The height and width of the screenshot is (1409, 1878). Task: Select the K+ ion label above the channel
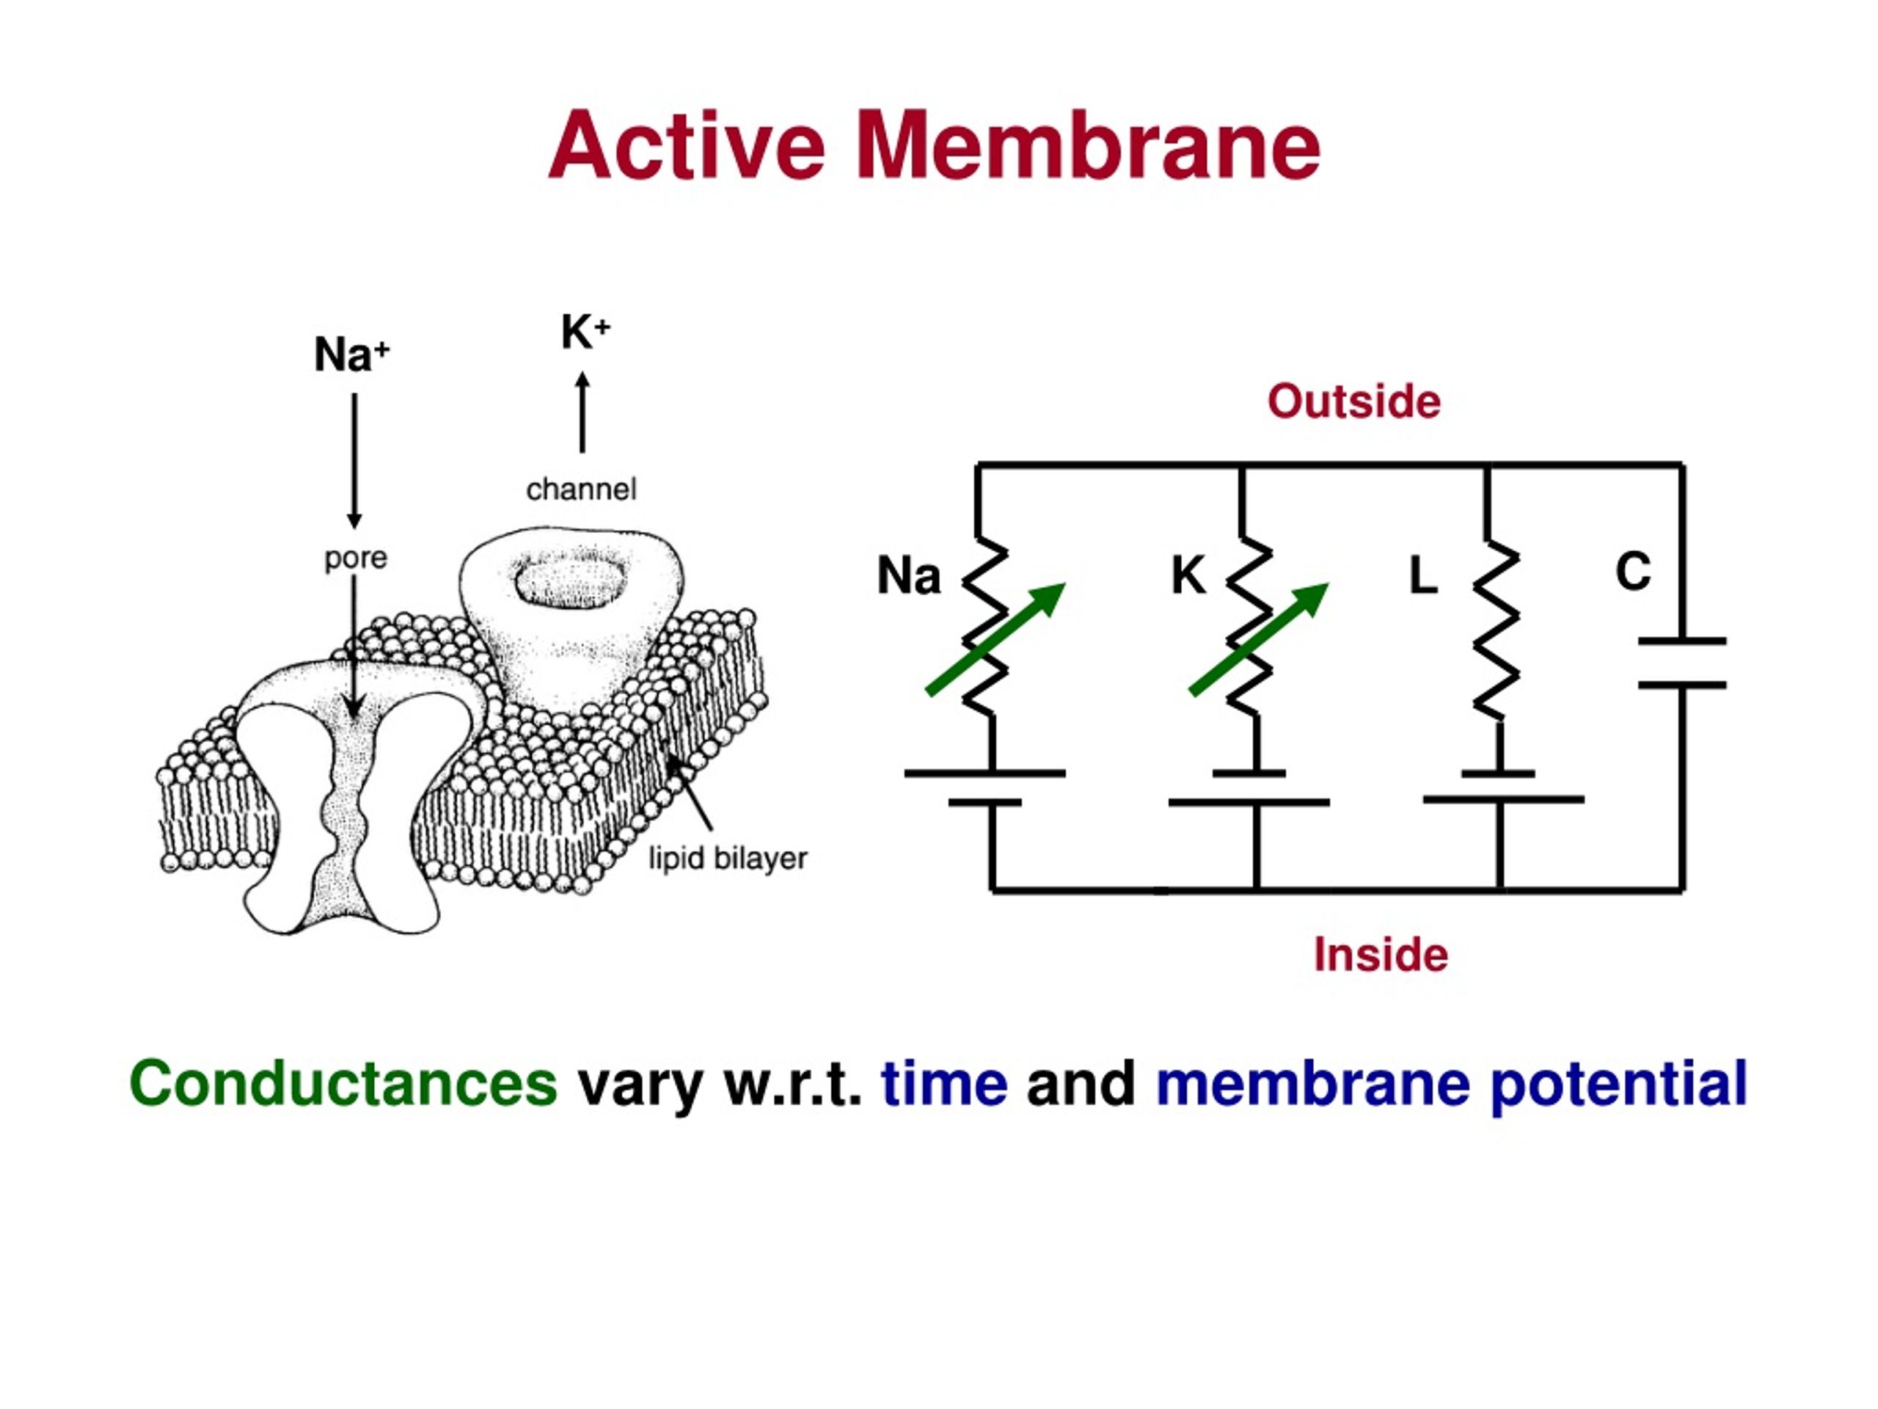click(x=585, y=331)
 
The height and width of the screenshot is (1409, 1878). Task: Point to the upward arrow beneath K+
click(x=582, y=412)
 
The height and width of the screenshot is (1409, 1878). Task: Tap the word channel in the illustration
click(x=582, y=489)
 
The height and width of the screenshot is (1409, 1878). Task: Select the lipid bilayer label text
click(x=728, y=859)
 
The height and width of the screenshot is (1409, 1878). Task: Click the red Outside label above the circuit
click(x=1353, y=401)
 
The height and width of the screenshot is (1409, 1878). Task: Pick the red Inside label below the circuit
click(x=1381, y=955)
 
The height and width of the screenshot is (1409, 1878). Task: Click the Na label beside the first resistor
click(x=908, y=575)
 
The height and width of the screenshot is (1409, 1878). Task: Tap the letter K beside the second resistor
click(x=1188, y=575)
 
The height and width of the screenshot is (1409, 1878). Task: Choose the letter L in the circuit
click(x=1423, y=575)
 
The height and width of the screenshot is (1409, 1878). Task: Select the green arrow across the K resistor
click(x=1260, y=638)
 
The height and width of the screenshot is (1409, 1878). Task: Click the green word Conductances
click(x=343, y=1084)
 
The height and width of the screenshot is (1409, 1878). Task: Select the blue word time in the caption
click(x=944, y=1084)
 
